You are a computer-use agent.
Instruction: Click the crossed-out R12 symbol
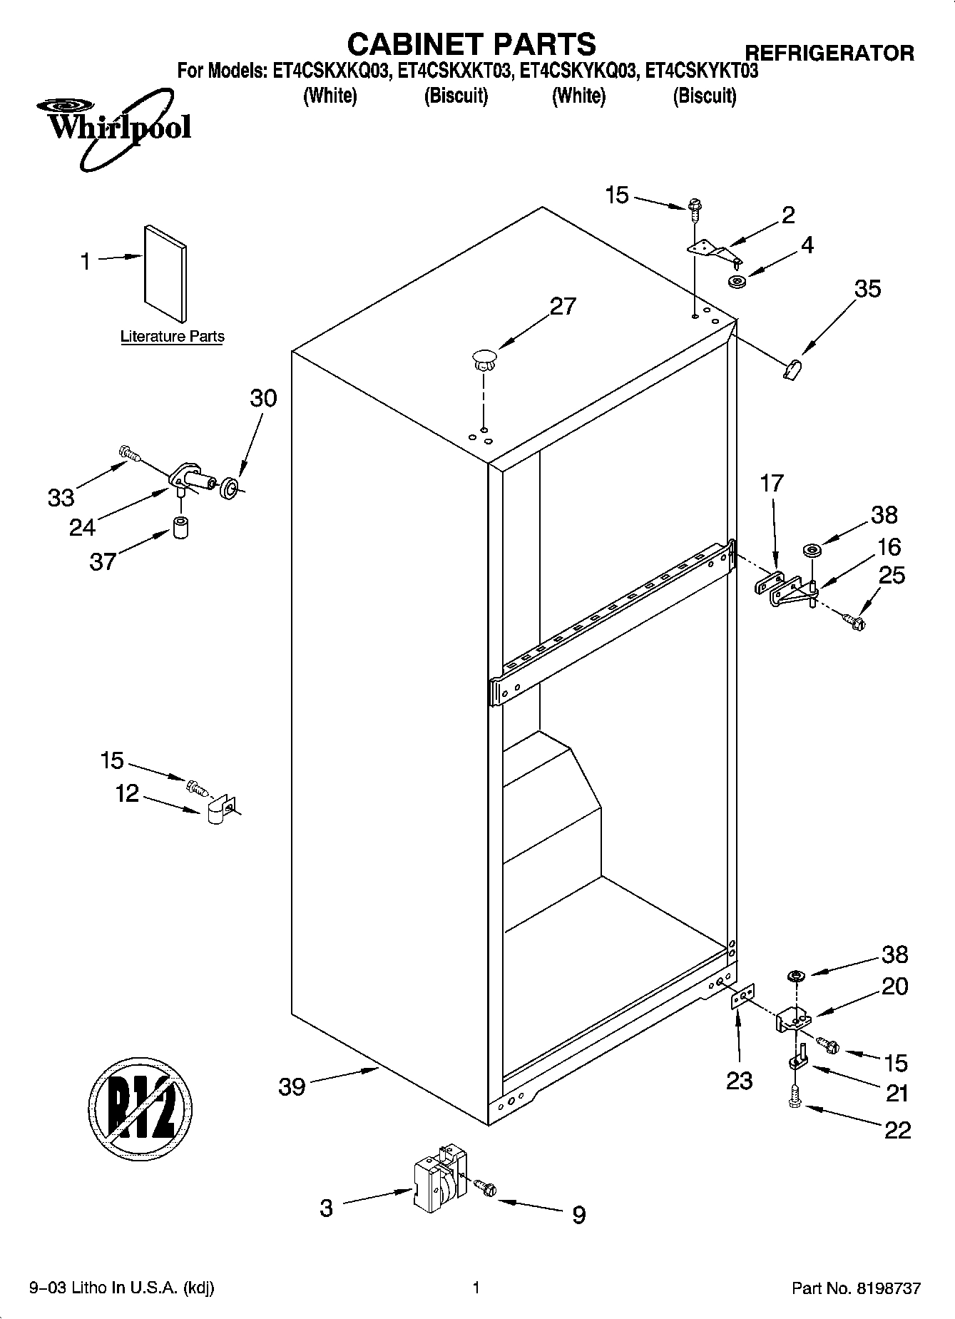point(141,1110)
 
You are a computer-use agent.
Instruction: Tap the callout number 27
point(562,306)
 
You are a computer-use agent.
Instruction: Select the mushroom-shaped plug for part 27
point(484,358)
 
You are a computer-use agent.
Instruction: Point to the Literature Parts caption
point(172,337)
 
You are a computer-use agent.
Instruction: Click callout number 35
point(867,289)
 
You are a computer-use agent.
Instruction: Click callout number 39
point(292,1087)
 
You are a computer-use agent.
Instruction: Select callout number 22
point(897,1130)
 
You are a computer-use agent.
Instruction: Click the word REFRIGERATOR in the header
point(829,53)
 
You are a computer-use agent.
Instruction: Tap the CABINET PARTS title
point(471,44)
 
